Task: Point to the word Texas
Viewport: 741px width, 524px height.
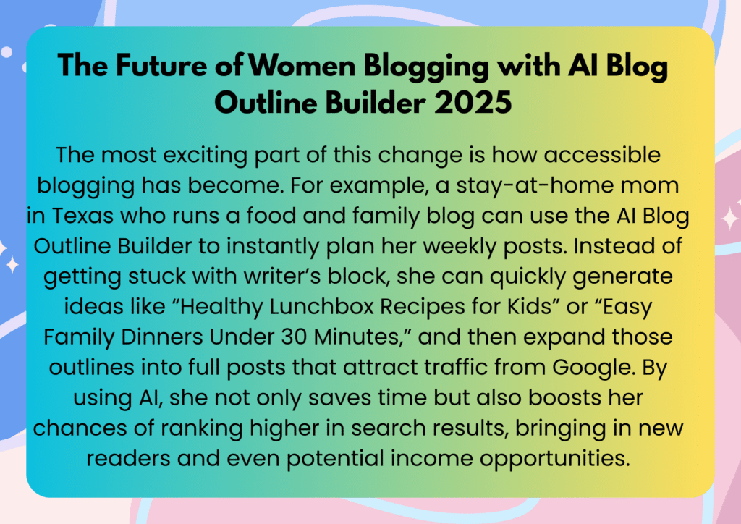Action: tap(82, 216)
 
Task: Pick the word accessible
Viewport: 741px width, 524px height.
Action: tap(602, 155)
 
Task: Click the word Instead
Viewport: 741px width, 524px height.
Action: tap(614, 245)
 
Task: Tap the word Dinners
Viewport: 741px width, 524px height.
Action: tap(161, 337)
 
